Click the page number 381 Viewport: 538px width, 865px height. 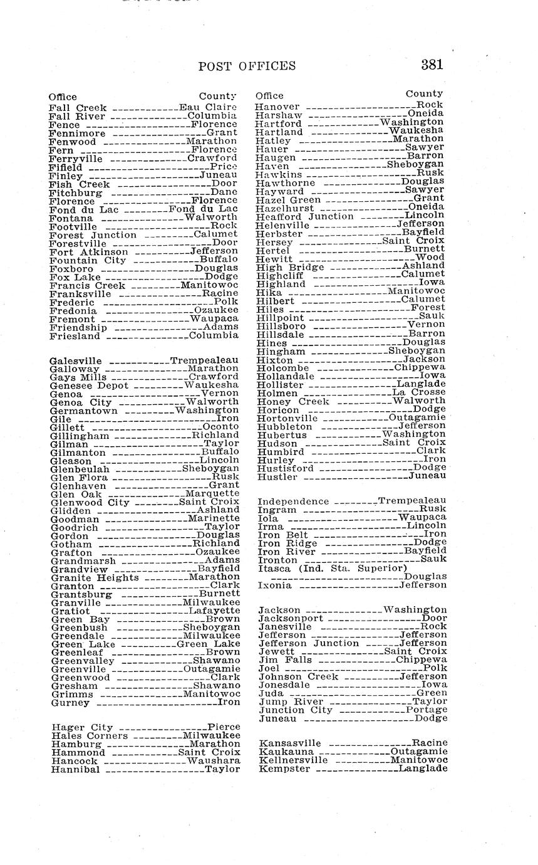[x=432, y=65]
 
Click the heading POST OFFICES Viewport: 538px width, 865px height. [x=247, y=66]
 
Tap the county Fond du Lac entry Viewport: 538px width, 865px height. [x=204, y=209]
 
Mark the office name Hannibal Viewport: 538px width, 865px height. [x=76, y=769]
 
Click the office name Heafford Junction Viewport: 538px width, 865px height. [x=305, y=216]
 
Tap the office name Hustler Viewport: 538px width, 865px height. [x=277, y=477]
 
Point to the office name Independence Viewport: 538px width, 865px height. [x=293, y=501]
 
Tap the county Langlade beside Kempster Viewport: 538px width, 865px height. [x=423, y=768]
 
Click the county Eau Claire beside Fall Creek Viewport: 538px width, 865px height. [x=208, y=107]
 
